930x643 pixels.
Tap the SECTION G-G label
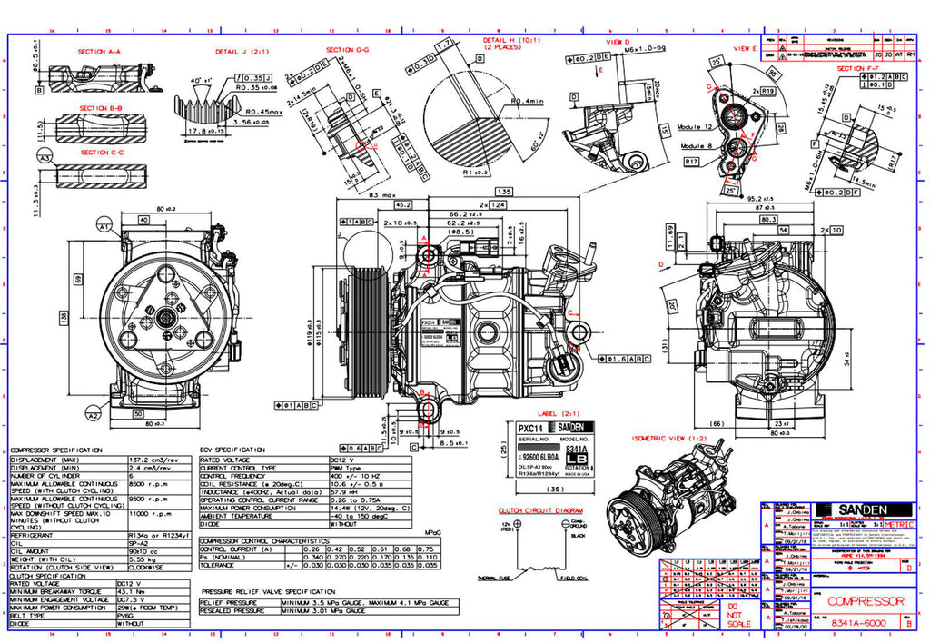pyautogui.click(x=347, y=49)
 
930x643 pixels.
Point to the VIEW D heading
pyautogui.click(x=618, y=42)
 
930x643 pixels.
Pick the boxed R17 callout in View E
pyautogui.click(x=692, y=161)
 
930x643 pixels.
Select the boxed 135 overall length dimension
pyautogui.click(x=502, y=192)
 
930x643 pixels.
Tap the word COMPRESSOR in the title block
pyautogui.click(x=866, y=601)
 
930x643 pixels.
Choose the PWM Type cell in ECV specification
pyautogui.click(x=351, y=468)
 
